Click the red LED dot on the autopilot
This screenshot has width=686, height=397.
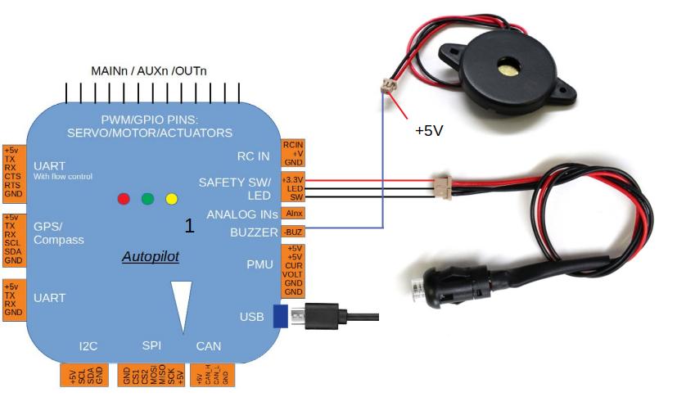(124, 199)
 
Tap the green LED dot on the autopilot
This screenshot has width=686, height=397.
(147, 199)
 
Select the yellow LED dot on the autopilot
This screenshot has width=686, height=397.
(171, 199)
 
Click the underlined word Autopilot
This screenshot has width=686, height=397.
(150, 257)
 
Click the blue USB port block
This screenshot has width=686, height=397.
(280, 316)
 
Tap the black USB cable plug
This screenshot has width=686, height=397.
(321, 315)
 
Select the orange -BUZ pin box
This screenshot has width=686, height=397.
(293, 232)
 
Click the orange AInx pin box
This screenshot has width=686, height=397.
(293, 214)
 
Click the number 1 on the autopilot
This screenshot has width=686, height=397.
(189, 226)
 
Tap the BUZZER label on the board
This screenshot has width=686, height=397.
(254, 232)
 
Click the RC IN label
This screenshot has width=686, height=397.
(252, 156)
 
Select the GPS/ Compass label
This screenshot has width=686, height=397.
(58, 233)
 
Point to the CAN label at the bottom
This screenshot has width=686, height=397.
(209, 346)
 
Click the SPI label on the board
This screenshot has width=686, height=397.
(151, 346)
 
